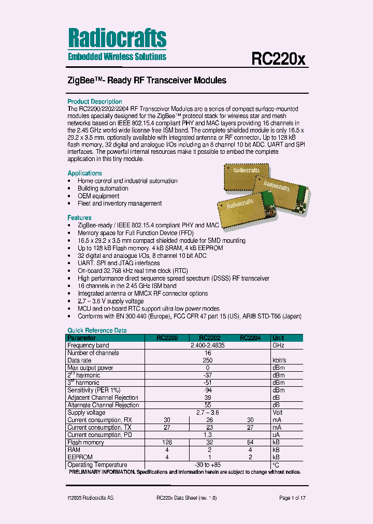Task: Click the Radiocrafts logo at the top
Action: pyautogui.click(x=117, y=38)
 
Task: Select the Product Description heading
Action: pyautogui.click(x=95, y=101)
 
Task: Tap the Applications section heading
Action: pyautogui.click(x=84, y=173)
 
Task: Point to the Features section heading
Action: pyautogui.click(x=79, y=218)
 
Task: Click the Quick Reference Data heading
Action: pyautogui.click(x=97, y=330)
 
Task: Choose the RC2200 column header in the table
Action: pyautogui.click(x=167, y=338)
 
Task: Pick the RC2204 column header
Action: pyautogui.click(x=250, y=338)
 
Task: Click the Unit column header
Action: pyautogui.click(x=279, y=338)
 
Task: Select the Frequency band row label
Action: pyautogui.click(x=88, y=345)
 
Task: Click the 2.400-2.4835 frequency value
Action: pyautogui.click(x=208, y=345)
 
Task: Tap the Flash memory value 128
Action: pyautogui.click(x=167, y=443)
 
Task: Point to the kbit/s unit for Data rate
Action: pyautogui.click(x=280, y=360)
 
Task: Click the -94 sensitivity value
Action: pyautogui.click(x=208, y=390)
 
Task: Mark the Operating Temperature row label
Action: pyautogui.click(x=97, y=465)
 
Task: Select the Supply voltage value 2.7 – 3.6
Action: pyautogui.click(x=208, y=413)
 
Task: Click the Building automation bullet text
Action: pyautogui.click(x=103, y=188)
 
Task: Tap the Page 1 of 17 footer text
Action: pyautogui.click(x=292, y=498)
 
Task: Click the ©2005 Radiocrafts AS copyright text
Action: pyautogui.click(x=91, y=498)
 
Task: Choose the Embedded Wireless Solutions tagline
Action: pyautogui.click(x=117, y=57)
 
